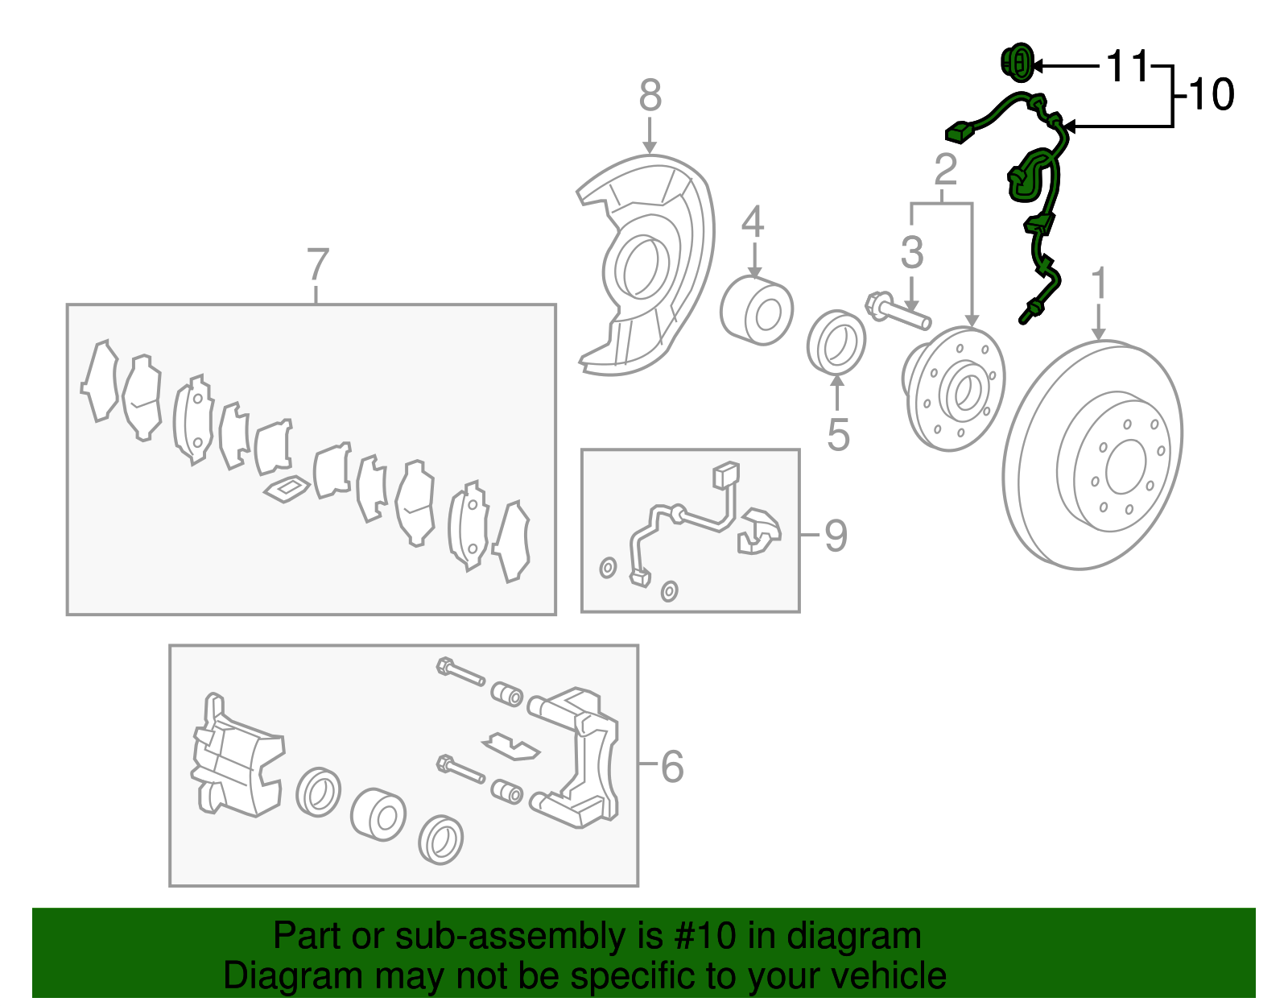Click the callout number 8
tap(650, 96)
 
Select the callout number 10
tap(1210, 95)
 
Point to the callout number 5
tap(838, 435)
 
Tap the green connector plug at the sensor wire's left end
tap(958, 132)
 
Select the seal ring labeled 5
tap(836, 343)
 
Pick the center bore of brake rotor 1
tap(1125, 466)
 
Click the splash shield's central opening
tap(642, 266)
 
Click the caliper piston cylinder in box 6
tap(378, 814)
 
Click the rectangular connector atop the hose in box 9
tap(725, 474)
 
